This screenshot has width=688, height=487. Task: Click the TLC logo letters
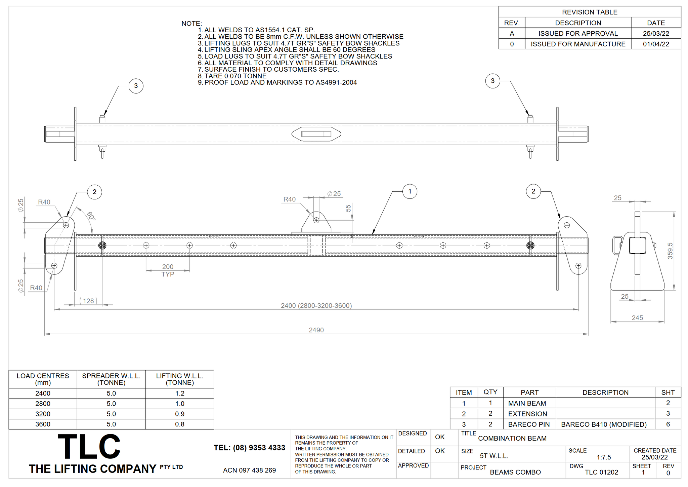pyautogui.click(x=89, y=447)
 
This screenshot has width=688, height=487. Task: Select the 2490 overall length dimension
pyautogui.click(x=316, y=330)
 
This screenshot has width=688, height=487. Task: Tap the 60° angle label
pyautogui.click(x=91, y=216)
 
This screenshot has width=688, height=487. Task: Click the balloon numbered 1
pyautogui.click(x=410, y=191)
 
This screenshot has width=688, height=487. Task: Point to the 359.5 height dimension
pyautogui.click(x=670, y=251)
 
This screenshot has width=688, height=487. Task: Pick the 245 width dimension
pyautogui.click(x=637, y=318)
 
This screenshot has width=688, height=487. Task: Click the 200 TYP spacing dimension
pyautogui.click(x=168, y=270)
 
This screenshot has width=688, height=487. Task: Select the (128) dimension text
pyautogui.click(x=88, y=301)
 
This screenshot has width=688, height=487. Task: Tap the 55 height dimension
pyautogui.click(x=348, y=208)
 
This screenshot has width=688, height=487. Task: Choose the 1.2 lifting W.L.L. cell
pyautogui.click(x=180, y=393)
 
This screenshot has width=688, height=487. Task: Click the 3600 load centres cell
pyautogui.click(x=43, y=424)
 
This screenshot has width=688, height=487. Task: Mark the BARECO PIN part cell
pyautogui.click(x=529, y=424)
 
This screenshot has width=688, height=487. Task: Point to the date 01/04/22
pyautogui.click(x=656, y=44)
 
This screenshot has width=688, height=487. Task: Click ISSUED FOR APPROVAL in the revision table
pyautogui.click(x=578, y=33)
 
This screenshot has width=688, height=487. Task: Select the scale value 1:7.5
pyautogui.click(x=604, y=457)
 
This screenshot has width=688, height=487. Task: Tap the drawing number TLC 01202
pyautogui.click(x=601, y=472)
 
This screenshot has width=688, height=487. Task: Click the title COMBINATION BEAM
pyautogui.click(x=512, y=438)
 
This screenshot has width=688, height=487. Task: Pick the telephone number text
pyautogui.click(x=249, y=448)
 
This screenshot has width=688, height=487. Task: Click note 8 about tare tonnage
pyautogui.click(x=232, y=76)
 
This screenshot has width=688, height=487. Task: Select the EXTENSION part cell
pyautogui.click(x=527, y=414)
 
